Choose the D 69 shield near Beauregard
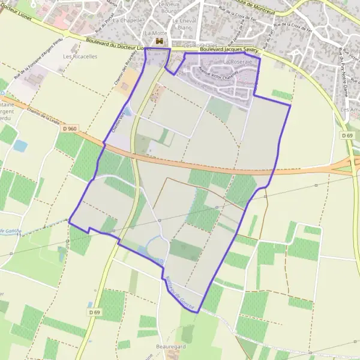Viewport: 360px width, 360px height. tap(94, 312)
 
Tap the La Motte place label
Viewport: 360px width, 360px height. tap(155, 33)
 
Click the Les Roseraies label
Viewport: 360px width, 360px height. tap(199, 45)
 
